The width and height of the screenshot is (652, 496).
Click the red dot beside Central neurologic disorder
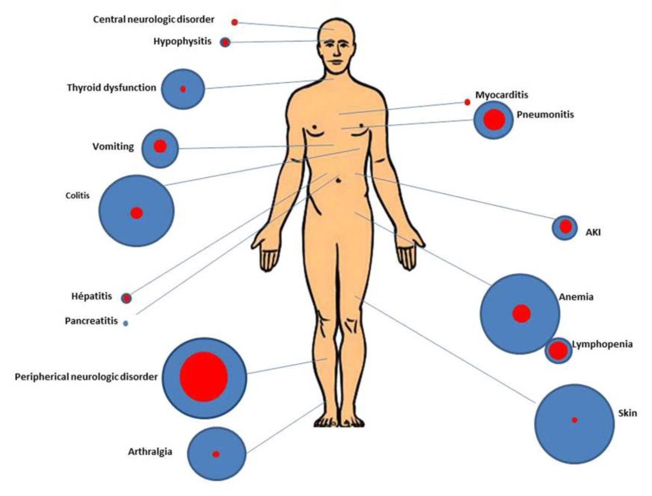pos(235,22)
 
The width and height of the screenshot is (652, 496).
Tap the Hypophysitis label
pos(182,41)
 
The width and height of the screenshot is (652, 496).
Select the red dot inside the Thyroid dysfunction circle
pos(183,89)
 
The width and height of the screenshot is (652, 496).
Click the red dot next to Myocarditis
pos(467,102)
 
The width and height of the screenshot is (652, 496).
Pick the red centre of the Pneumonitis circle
pos(493,120)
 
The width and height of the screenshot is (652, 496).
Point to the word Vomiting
pos(113,146)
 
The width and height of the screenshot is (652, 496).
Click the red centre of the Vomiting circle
pos(160,146)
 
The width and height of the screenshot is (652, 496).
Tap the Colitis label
pos(78,195)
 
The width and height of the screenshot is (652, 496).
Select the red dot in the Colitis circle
pos(136,213)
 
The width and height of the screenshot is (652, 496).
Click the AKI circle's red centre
pos(565,226)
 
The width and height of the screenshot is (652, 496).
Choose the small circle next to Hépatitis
pos(127,298)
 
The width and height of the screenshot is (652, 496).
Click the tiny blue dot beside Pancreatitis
pos(126,323)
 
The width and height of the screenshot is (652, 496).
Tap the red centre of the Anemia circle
pos(521,314)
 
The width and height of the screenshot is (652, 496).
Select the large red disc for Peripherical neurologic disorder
pos(204,377)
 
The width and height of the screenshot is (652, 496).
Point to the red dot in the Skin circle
pos(574,420)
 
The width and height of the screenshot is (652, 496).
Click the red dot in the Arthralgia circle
pos(216,454)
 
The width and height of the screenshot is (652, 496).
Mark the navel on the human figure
pos(339,181)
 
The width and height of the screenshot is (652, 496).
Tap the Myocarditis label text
pos(502,95)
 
